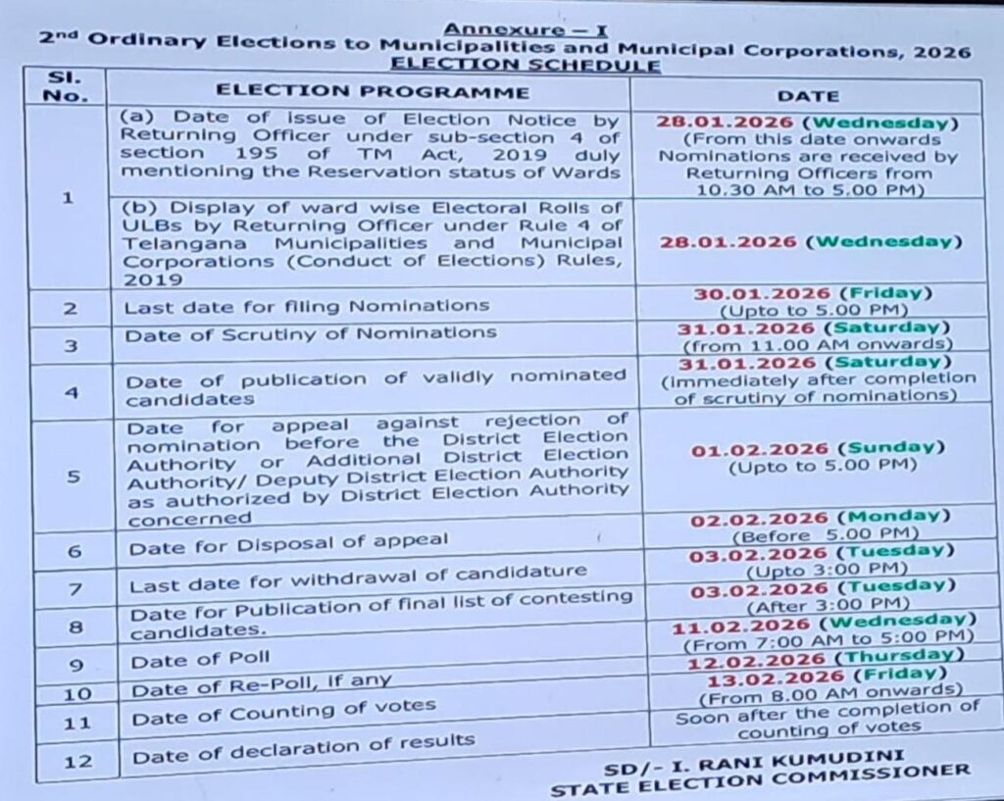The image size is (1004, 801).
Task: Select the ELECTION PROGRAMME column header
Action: coord(373,92)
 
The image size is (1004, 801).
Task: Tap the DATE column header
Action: coord(808,95)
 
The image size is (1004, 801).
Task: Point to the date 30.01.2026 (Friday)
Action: coord(813,293)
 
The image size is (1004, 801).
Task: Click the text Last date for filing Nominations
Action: coord(306,306)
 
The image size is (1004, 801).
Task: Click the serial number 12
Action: coord(76,760)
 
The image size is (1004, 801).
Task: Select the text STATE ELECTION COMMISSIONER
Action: coord(760,776)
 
